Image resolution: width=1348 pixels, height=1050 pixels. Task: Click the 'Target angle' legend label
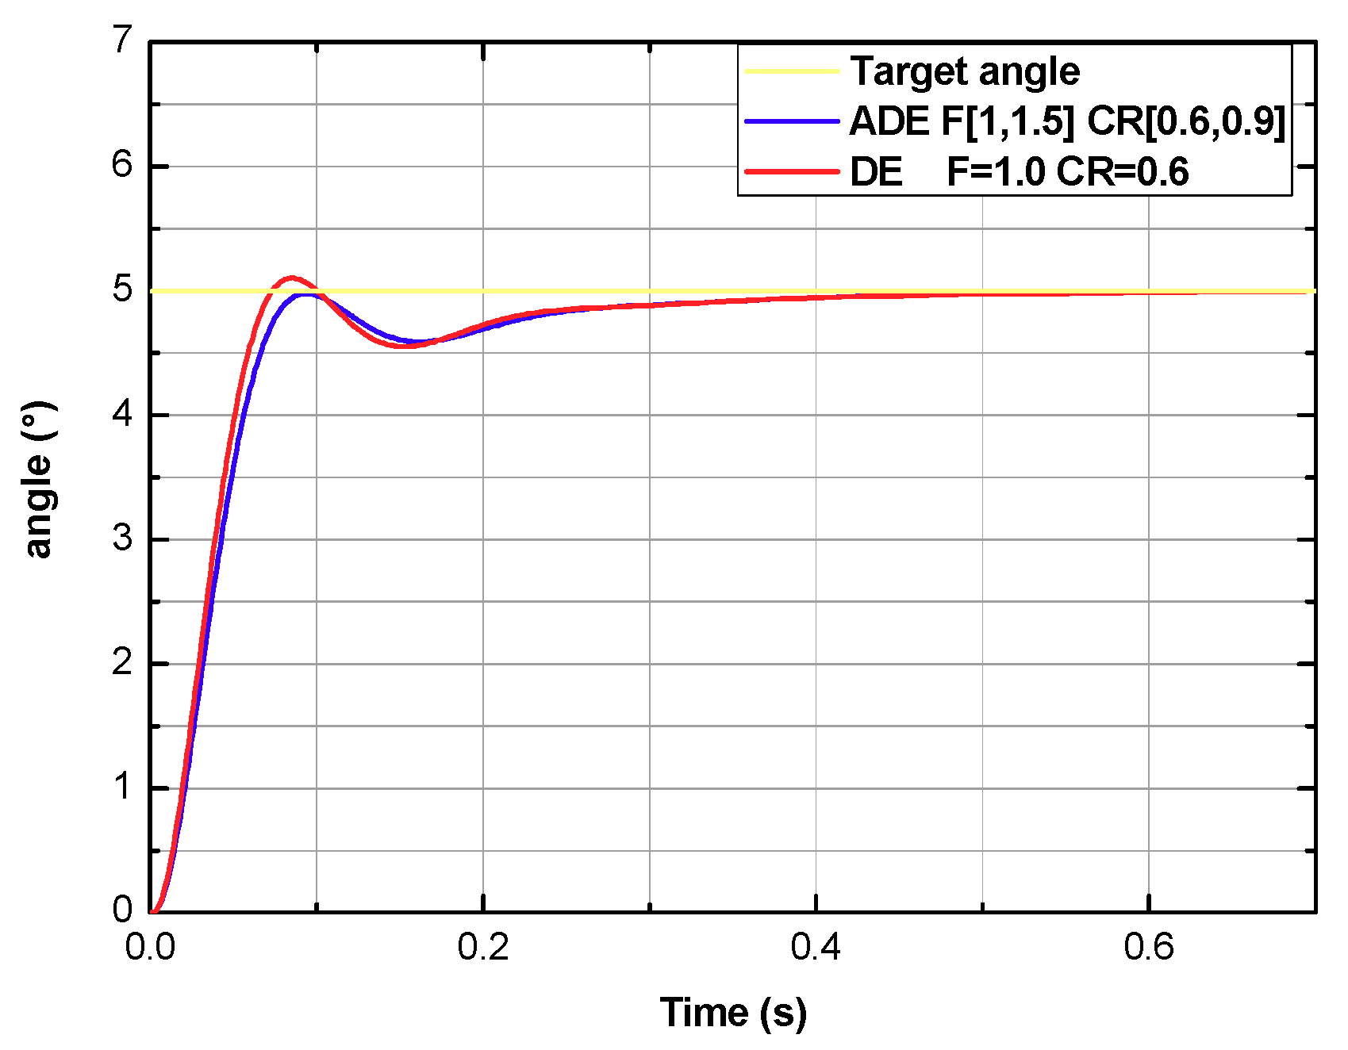click(964, 71)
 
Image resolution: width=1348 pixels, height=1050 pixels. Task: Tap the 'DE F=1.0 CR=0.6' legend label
click(1019, 171)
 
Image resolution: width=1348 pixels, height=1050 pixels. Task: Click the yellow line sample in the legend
click(792, 71)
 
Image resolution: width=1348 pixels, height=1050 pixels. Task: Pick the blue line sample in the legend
click(792, 121)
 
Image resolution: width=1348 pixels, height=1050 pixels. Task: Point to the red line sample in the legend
click(792, 171)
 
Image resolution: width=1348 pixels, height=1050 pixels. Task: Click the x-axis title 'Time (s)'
click(732, 1013)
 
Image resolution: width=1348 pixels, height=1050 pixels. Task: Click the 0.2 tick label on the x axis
click(482, 948)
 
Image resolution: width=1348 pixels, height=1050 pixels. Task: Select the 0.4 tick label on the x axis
click(816, 948)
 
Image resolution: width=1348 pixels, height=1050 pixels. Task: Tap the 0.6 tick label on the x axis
click(1149, 948)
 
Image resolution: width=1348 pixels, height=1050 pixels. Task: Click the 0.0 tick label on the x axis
click(150, 948)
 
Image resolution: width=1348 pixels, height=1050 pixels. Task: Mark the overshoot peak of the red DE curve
click(293, 278)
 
